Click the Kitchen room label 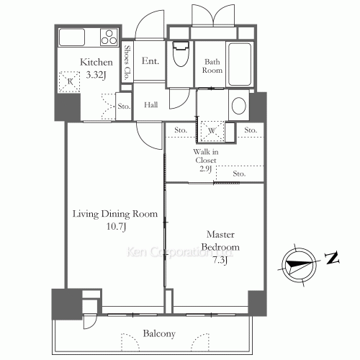point(96,62)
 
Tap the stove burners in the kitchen point(109,37)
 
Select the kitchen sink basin point(72,37)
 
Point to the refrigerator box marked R point(69,81)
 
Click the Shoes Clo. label point(127,63)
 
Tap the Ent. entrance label point(150,60)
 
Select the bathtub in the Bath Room point(240,64)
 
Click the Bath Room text point(212,66)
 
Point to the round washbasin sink point(239,105)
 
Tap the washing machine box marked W point(212,131)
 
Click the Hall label point(151,105)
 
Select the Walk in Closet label point(206,156)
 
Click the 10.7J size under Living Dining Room point(116,226)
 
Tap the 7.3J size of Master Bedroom point(220,260)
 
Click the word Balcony point(159,333)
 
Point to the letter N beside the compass point(333,258)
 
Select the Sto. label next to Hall point(124,106)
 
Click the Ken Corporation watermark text point(179,252)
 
